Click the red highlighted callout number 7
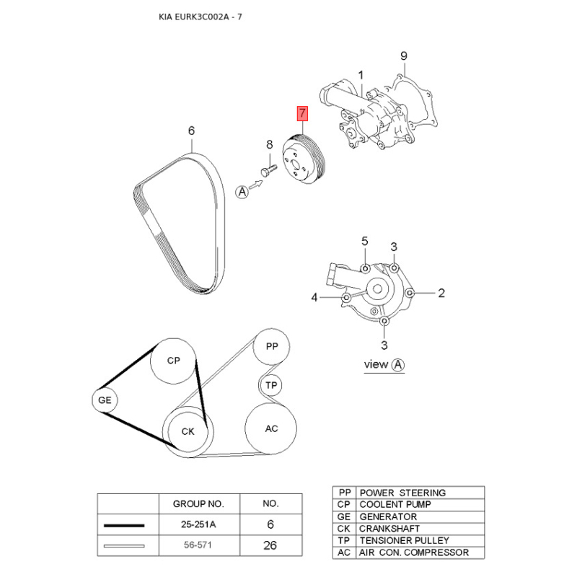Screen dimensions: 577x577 pyautogui.click(x=302, y=113)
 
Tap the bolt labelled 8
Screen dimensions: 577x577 pyautogui.click(x=268, y=171)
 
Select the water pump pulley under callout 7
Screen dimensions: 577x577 pyautogui.click(x=304, y=160)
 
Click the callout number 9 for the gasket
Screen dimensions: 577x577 pyautogui.click(x=404, y=56)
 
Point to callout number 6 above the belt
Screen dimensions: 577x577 pyautogui.click(x=191, y=131)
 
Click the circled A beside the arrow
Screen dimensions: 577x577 pyautogui.click(x=242, y=192)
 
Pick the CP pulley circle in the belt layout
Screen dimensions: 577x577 pyautogui.click(x=173, y=361)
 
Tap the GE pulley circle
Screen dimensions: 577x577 pyautogui.click(x=105, y=400)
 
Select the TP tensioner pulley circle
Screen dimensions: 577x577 pyautogui.click(x=271, y=385)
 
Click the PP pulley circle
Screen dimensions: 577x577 pyautogui.click(x=272, y=347)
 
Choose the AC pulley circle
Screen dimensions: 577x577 pyautogui.click(x=271, y=428)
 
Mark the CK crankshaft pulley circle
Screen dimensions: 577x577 pyautogui.click(x=188, y=431)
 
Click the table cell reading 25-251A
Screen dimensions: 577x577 pyautogui.click(x=198, y=524)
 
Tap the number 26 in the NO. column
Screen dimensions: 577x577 pyautogui.click(x=270, y=545)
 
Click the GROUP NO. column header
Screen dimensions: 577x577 pyautogui.click(x=198, y=503)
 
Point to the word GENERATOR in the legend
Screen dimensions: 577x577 pyautogui.click(x=388, y=517)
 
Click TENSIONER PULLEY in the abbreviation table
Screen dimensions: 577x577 pyautogui.click(x=405, y=540)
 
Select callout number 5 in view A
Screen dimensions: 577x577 pyautogui.click(x=365, y=242)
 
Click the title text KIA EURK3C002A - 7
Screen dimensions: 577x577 pyautogui.click(x=201, y=17)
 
